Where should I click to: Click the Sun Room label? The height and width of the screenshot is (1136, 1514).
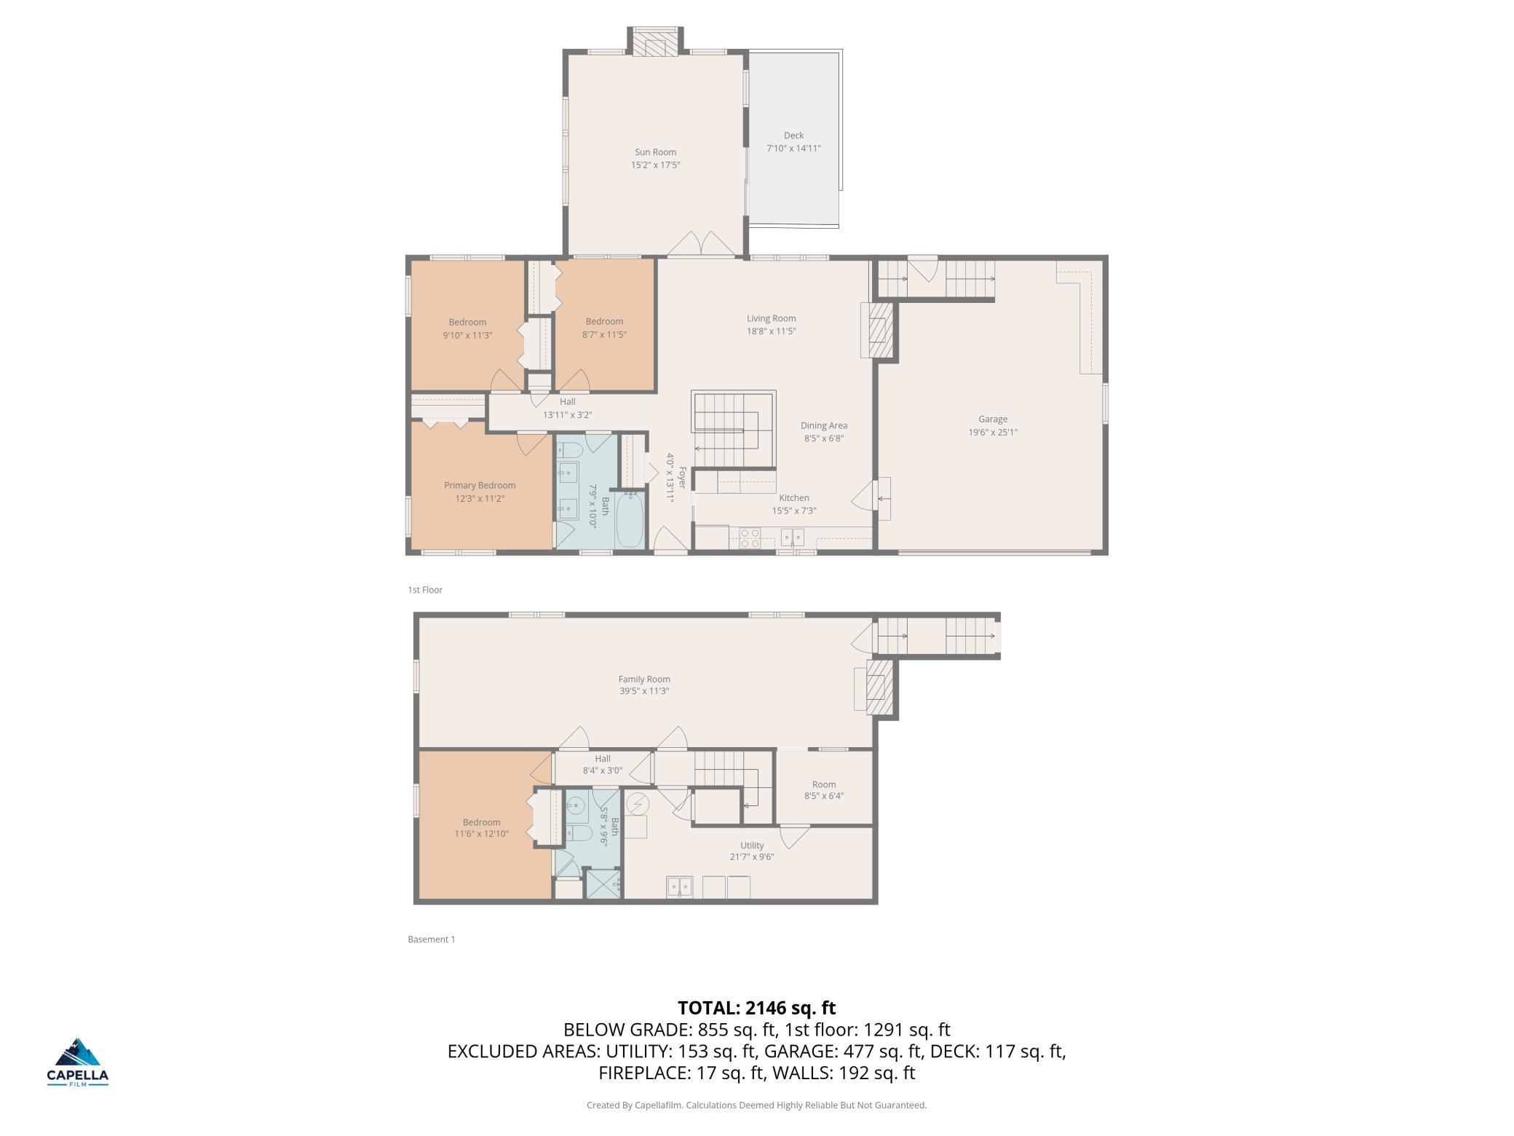(x=655, y=152)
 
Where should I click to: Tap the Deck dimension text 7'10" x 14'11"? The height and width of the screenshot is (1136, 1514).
(x=793, y=149)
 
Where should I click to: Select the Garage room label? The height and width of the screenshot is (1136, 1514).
(x=993, y=419)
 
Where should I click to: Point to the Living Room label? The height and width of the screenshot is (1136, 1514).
(x=771, y=318)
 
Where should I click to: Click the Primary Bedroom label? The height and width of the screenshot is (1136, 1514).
(x=480, y=486)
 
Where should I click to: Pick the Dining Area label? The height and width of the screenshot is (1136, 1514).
(x=824, y=425)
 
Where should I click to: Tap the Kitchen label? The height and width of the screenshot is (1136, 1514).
(x=794, y=498)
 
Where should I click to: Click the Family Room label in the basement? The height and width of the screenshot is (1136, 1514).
(x=644, y=679)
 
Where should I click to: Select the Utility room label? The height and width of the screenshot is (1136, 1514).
(x=752, y=845)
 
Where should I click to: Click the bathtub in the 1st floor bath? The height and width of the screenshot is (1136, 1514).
(x=630, y=520)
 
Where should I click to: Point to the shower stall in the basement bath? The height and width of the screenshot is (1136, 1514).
(x=603, y=884)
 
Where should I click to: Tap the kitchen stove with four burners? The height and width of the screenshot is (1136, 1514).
(x=750, y=537)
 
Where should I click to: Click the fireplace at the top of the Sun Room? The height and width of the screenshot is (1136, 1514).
(x=656, y=42)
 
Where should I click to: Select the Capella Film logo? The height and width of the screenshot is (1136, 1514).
(x=78, y=1062)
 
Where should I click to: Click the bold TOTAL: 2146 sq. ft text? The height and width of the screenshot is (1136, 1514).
(x=756, y=1008)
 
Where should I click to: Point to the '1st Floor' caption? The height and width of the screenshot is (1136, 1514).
(x=425, y=590)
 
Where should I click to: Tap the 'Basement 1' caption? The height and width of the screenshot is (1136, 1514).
(x=432, y=939)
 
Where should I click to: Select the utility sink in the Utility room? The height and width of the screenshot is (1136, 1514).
(x=679, y=887)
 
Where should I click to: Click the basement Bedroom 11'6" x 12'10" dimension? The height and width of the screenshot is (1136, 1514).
(x=481, y=834)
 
